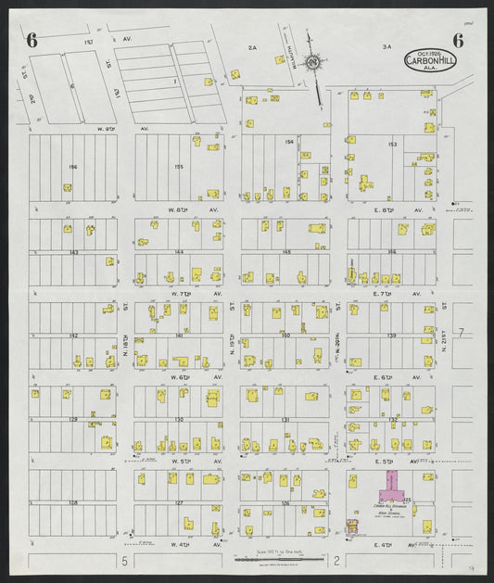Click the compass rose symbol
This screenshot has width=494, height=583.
pyautogui.click(x=314, y=62)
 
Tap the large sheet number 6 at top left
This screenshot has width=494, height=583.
pyautogui.click(x=32, y=39)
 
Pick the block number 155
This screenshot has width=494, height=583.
pyautogui.click(x=178, y=166)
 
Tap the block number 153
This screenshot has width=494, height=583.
pyautogui.click(x=392, y=145)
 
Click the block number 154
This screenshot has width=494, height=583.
pyautogui.click(x=288, y=142)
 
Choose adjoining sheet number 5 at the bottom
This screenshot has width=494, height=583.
pyautogui.click(x=122, y=561)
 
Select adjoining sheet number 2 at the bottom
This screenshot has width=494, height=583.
pyautogui.click(x=337, y=561)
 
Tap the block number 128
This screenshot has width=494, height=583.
pyautogui.click(x=72, y=502)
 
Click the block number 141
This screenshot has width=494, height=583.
pyautogui.click(x=179, y=335)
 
